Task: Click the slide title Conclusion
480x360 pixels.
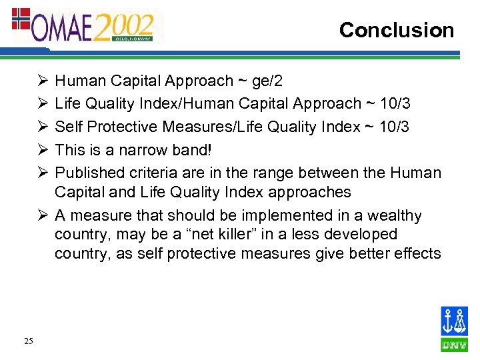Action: [x=396, y=30]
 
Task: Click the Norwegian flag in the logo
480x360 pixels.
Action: [x=22, y=19]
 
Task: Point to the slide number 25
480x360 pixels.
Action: [x=28, y=341]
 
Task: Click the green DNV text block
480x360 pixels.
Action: [x=454, y=345]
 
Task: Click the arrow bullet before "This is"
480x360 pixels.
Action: [x=43, y=150]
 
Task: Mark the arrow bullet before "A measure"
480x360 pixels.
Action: [x=43, y=216]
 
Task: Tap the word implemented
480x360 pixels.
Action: [x=260, y=216]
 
